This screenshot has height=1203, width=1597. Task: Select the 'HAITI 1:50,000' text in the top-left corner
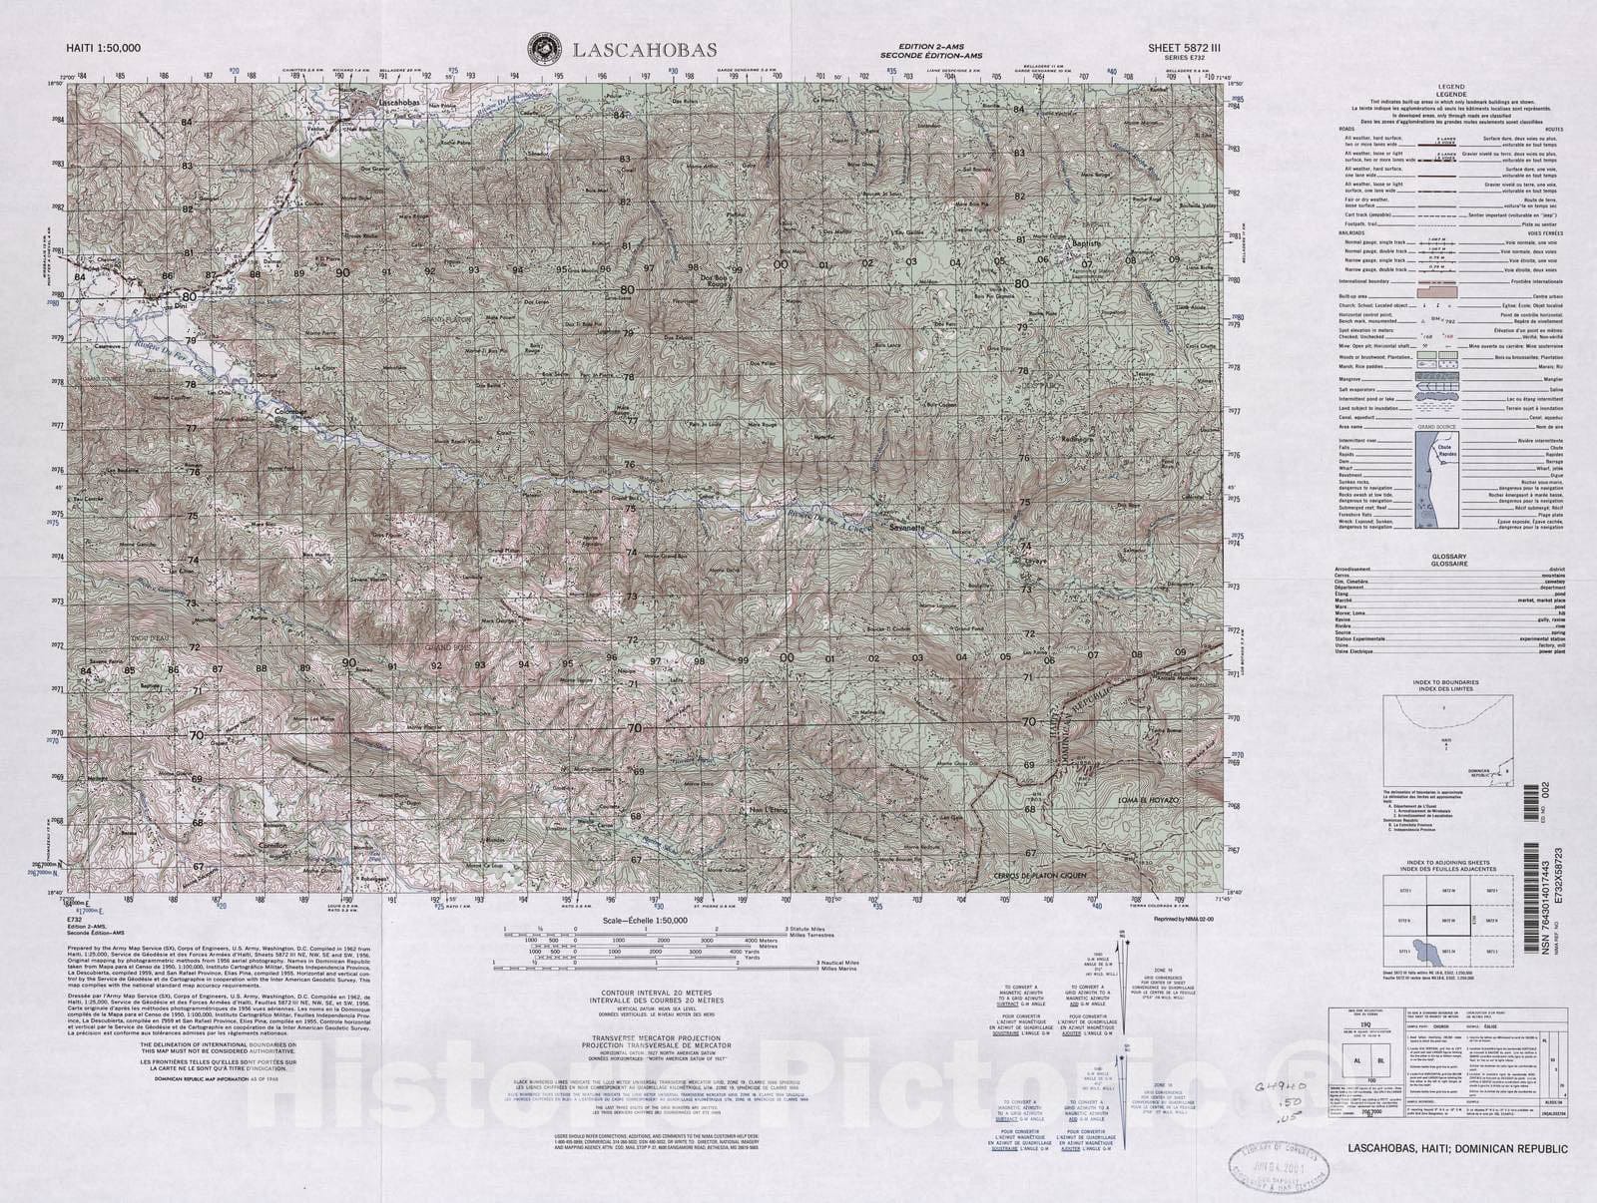point(104,48)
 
